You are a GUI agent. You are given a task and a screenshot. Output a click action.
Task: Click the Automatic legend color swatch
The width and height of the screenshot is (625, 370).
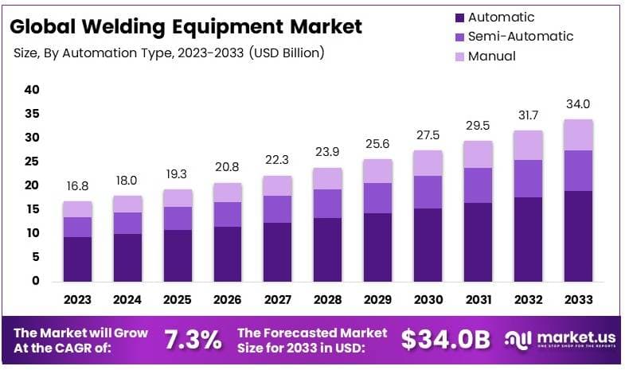pyautogui.click(x=459, y=17)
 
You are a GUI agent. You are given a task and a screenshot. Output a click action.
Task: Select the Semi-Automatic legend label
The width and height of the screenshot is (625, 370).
pyautogui.click(x=520, y=36)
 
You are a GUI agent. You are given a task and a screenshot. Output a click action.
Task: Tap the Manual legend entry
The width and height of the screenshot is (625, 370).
pyautogui.click(x=491, y=56)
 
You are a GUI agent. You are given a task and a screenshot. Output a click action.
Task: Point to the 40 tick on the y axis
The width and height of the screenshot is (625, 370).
pyautogui.click(x=32, y=90)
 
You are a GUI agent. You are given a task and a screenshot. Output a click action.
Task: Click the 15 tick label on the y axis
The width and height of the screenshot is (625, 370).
pyautogui.click(x=32, y=209)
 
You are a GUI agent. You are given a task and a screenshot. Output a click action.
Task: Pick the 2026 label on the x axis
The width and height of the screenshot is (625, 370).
pyautogui.click(x=228, y=300)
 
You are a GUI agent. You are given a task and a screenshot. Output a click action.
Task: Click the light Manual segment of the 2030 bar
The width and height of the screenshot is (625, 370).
pyautogui.click(x=428, y=162)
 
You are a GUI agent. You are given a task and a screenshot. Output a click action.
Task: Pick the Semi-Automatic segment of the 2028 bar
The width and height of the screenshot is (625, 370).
pyautogui.click(x=328, y=203)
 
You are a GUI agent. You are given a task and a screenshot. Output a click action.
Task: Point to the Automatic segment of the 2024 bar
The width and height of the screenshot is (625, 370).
pyautogui.click(x=127, y=257)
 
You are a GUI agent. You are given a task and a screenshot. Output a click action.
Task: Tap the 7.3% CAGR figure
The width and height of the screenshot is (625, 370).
pyautogui.click(x=193, y=340)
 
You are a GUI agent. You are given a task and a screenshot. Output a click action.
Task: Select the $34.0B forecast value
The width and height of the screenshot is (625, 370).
pyautogui.click(x=445, y=340)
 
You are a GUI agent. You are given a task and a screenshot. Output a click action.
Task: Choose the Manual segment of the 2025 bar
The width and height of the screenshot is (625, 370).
pyautogui.click(x=178, y=198)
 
